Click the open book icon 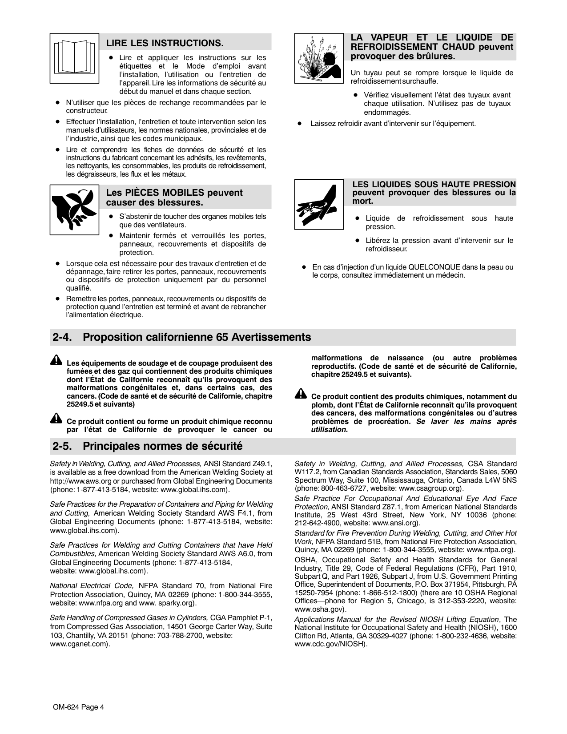74,58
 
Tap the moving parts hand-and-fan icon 74,209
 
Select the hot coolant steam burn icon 319,58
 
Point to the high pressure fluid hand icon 319,205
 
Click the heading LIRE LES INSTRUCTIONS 165,43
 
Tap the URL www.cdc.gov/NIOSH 330,644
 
